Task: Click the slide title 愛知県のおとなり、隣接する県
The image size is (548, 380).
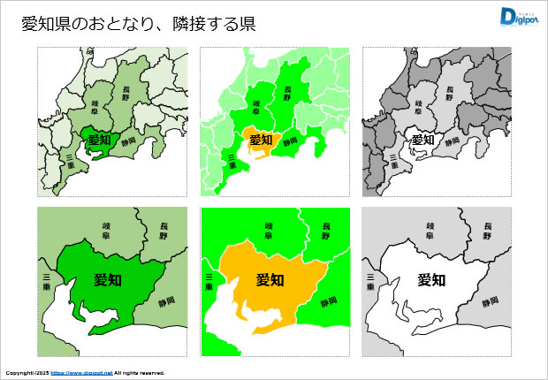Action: tap(139, 25)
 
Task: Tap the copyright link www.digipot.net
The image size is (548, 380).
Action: tap(80, 373)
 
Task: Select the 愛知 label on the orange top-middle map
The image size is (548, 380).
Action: tap(262, 140)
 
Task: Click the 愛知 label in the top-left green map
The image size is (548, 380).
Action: tap(99, 140)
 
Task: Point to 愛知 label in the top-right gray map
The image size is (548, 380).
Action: tap(423, 140)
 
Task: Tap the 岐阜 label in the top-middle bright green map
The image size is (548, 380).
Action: tap(257, 106)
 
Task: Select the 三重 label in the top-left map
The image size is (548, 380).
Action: tap(70, 161)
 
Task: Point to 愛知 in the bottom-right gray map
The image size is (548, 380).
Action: tap(431, 280)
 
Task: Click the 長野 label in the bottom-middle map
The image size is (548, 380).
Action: tap(325, 232)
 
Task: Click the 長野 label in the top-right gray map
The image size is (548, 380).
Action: tap(449, 91)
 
